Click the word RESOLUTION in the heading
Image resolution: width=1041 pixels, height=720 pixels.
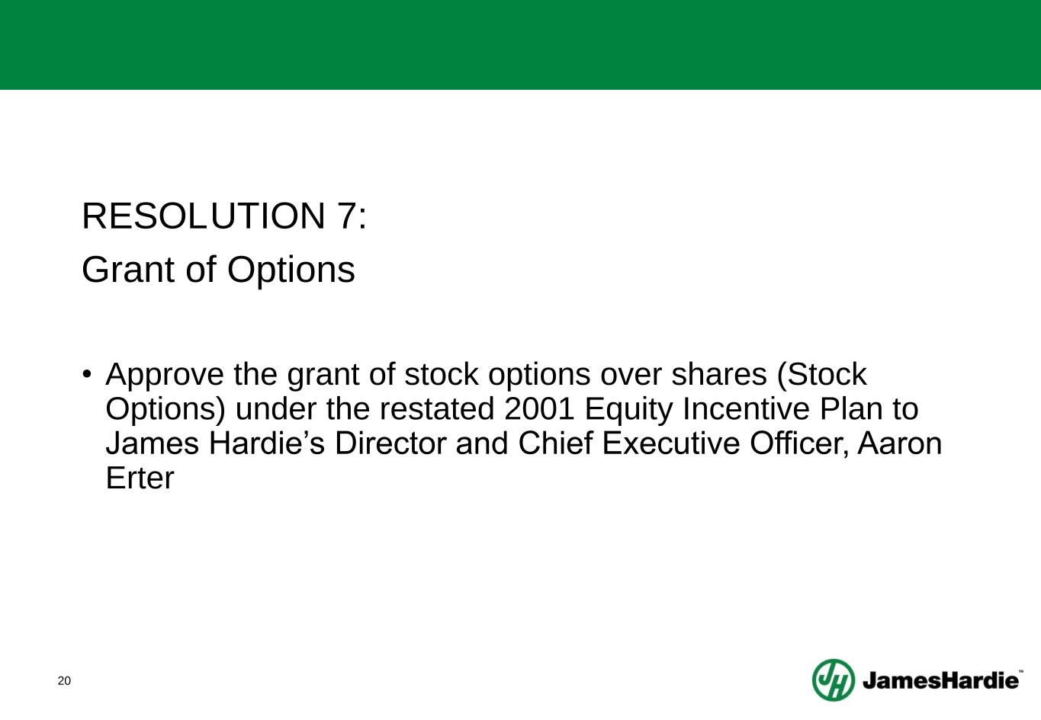[x=204, y=216]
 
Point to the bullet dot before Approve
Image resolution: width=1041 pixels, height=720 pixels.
[x=86, y=373]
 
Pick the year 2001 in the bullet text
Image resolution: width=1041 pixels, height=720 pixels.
[x=539, y=409]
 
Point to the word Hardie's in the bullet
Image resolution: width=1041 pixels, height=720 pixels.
[x=267, y=443]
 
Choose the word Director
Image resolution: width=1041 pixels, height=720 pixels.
[x=390, y=443]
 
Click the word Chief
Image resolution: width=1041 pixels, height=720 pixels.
[x=555, y=443]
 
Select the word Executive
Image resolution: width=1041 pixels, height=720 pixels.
[x=670, y=443]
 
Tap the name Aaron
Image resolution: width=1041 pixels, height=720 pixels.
[x=899, y=443]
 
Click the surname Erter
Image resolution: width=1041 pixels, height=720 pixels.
[x=140, y=478]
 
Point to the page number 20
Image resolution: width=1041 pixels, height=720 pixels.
[x=64, y=681]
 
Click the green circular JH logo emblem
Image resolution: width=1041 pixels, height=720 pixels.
[x=834, y=680]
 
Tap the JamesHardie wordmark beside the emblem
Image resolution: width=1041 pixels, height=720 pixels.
[x=940, y=680]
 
